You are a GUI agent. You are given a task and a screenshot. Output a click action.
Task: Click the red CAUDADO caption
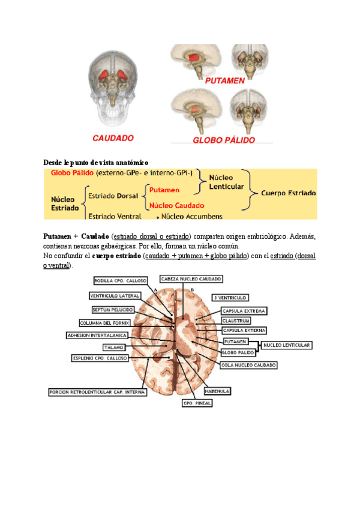pyautogui.click(x=113, y=138)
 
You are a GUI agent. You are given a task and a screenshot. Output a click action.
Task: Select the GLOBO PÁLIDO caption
pyautogui.click(x=223, y=140)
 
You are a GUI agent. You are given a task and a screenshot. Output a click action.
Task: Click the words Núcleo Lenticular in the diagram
pyautogui.click(x=226, y=182)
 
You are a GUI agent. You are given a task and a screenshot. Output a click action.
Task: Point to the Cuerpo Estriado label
pyautogui.click(x=289, y=193)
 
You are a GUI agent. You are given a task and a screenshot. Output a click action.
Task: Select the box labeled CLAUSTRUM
pyautogui.click(x=236, y=321)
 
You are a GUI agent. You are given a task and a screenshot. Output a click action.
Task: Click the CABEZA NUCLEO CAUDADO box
pyautogui.click(x=191, y=279)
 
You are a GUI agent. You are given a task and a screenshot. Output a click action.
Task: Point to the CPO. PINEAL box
pyautogui.click(x=197, y=403)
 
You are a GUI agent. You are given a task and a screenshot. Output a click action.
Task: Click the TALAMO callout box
pyautogui.click(x=113, y=347)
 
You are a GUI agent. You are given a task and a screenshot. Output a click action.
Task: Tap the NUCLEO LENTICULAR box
pyautogui.click(x=287, y=345)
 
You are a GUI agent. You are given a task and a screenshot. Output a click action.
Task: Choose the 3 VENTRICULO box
pyautogui.click(x=230, y=298)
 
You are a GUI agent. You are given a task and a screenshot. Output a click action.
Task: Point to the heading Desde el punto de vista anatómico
pyautogui.click(x=96, y=163)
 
